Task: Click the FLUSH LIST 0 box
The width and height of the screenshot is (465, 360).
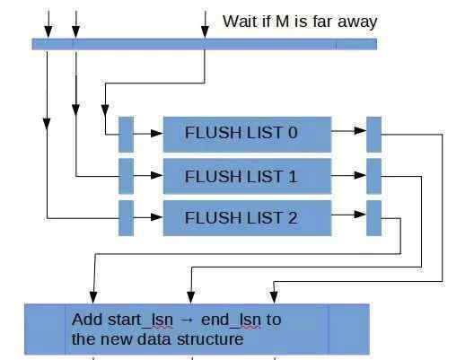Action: [247, 135]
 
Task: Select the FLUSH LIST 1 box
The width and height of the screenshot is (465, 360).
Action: [247, 176]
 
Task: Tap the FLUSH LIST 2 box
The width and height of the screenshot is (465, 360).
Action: [247, 218]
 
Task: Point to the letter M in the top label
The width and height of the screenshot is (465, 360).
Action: [282, 22]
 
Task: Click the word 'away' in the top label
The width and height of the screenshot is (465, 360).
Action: [357, 22]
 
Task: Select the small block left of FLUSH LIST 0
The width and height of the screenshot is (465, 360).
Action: [126, 135]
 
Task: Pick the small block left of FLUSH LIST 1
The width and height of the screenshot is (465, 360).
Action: [126, 176]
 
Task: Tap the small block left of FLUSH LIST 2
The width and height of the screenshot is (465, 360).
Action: [126, 218]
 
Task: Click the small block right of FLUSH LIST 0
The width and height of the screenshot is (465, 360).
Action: [373, 135]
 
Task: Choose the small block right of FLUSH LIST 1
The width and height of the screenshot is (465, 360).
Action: [373, 176]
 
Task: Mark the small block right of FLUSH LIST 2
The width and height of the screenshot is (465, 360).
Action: [373, 218]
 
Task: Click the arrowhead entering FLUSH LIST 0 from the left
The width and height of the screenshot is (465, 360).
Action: [157, 133]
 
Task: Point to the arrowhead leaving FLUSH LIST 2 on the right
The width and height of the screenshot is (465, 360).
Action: [360, 215]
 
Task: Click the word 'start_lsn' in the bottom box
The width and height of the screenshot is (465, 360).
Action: [140, 320]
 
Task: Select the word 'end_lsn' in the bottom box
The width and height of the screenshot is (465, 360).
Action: [231, 320]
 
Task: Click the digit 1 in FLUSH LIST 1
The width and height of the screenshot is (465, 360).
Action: [293, 176]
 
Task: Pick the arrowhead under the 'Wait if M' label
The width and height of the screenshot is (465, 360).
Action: [205, 32]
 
